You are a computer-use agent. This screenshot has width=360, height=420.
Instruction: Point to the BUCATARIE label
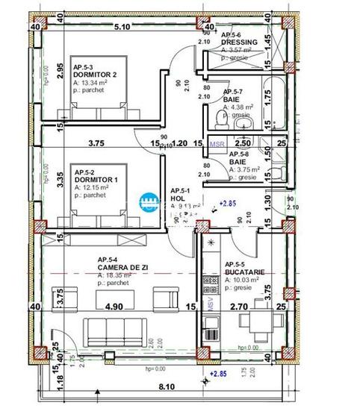(x=238, y=272)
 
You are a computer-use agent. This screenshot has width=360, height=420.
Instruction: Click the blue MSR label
(x=217, y=144)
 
